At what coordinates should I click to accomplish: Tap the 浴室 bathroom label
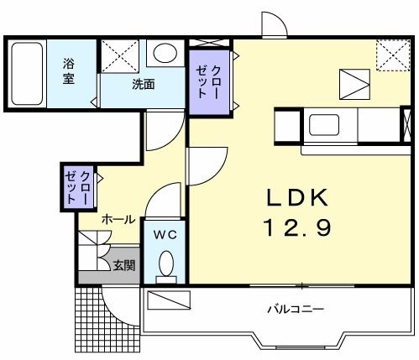click(70, 70)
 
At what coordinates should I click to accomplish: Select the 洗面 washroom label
click(142, 84)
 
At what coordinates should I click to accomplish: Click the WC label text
click(164, 233)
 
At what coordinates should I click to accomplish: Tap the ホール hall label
click(117, 219)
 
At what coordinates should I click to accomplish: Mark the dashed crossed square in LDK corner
click(390, 55)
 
